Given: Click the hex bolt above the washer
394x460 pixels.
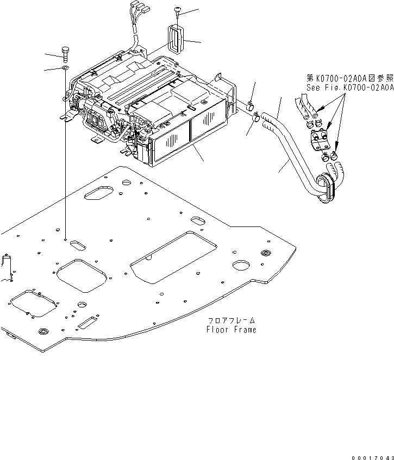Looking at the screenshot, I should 65,54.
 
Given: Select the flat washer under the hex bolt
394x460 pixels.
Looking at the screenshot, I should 65,67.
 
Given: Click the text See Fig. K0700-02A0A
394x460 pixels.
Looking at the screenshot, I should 348,87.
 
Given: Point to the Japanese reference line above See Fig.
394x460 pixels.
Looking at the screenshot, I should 348,78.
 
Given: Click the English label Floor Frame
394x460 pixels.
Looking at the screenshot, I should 231,330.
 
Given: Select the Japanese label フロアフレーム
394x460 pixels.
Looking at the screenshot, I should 231,321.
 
